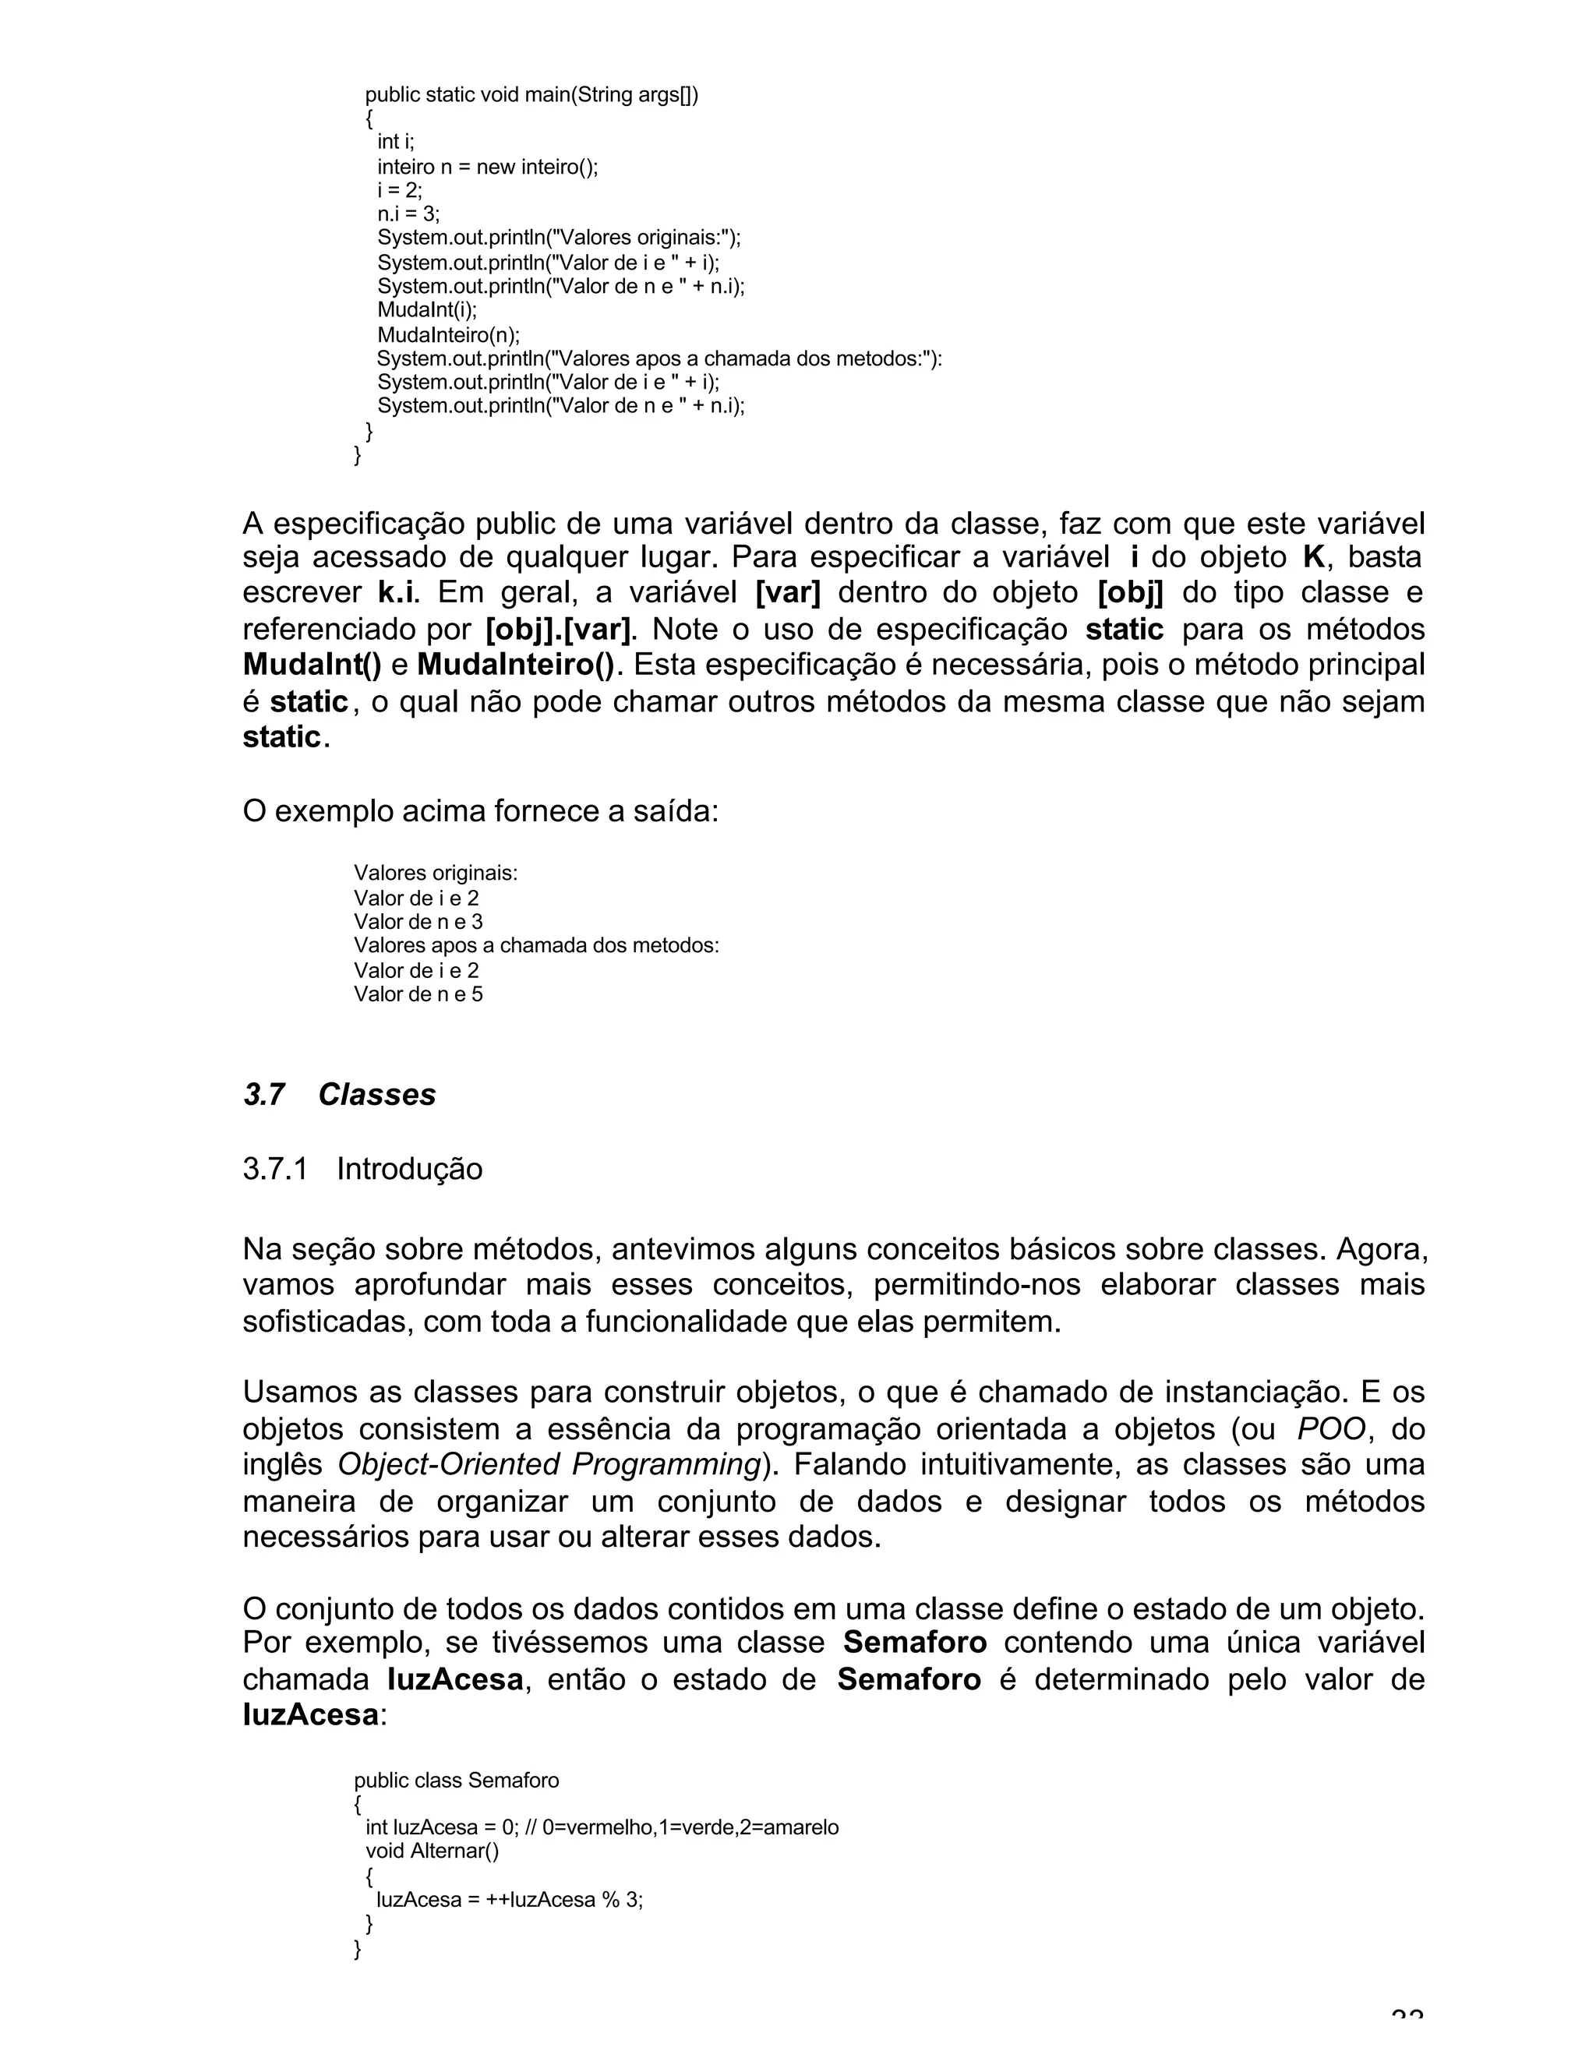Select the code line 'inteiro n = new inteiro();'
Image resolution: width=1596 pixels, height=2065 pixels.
point(488,168)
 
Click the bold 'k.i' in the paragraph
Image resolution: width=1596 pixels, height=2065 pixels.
point(397,593)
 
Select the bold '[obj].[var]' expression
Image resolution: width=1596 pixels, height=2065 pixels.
point(558,629)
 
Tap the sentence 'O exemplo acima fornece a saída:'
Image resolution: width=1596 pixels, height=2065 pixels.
point(480,811)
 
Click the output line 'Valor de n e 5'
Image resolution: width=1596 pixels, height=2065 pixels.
point(418,994)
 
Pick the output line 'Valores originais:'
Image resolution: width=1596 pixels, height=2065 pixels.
point(435,873)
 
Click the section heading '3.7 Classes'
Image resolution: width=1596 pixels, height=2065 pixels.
point(340,1094)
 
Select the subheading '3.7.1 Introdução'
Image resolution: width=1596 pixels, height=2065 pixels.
point(362,1169)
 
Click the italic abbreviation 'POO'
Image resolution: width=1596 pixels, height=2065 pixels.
point(1331,1428)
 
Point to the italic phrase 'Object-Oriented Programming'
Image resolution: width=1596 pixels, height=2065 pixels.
point(549,1465)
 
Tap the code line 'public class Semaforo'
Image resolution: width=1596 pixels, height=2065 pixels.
point(457,1781)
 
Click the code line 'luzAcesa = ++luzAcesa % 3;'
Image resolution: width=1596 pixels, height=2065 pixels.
point(509,1900)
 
